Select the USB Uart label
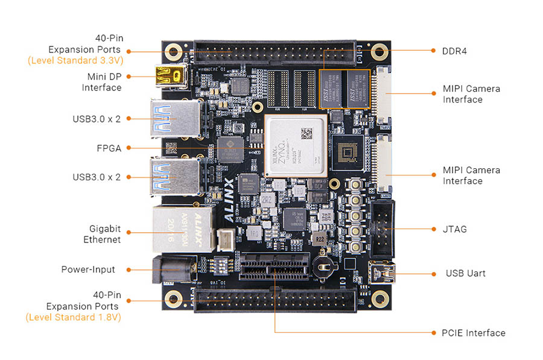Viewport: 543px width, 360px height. coord(466,273)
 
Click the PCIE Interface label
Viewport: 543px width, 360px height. coord(469,333)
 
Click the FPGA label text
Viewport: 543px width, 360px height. coord(109,147)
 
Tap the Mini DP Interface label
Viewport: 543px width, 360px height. coord(101,82)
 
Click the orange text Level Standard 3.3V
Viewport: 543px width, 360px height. coord(74,61)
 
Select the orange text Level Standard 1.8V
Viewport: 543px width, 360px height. coord(74,317)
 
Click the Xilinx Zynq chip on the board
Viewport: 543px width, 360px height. coord(294,146)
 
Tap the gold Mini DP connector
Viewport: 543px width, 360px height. coord(170,77)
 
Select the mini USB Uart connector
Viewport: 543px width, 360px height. coord(384,273)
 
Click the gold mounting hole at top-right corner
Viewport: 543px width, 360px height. coord(379,51)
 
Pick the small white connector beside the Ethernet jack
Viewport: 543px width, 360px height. coord(224,239)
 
